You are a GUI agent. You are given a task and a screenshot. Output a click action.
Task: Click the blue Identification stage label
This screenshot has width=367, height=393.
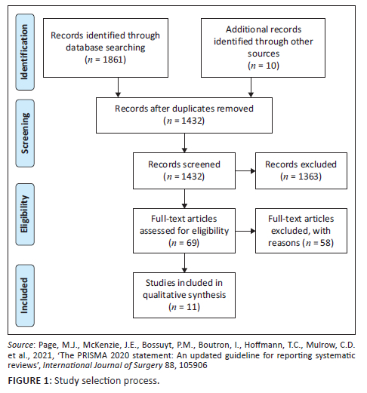point(25,52)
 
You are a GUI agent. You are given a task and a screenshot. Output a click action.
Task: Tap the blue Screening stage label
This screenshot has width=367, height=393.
point(25,134)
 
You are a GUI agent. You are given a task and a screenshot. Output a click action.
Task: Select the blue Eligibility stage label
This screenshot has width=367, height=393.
point(25,214)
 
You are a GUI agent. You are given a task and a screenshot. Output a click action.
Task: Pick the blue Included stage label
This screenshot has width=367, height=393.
point(25,296)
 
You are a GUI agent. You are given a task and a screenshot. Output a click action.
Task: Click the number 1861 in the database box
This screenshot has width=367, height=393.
point(114,60)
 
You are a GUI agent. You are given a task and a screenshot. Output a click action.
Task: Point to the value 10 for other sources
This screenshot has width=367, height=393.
point(271,66)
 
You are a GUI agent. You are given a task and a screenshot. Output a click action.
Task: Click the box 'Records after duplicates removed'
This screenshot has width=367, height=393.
point(184,115)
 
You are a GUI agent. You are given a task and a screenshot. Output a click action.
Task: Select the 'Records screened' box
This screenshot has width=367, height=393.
point(184,170)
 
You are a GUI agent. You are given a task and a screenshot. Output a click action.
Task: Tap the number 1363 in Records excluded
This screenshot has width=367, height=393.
point(309,177)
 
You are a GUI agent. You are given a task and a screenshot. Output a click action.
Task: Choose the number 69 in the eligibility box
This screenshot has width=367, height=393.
point(191,243)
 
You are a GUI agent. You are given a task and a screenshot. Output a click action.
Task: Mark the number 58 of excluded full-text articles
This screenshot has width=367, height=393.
point(325,243)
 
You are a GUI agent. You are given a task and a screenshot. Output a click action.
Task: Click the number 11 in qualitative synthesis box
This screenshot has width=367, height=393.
point(192,307)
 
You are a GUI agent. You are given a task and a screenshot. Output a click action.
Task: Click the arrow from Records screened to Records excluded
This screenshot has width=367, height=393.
point(245,171)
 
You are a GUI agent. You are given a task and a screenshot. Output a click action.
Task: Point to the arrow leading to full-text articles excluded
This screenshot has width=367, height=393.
point(245,231)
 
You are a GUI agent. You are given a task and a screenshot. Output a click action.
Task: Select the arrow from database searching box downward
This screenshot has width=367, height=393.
point(118,88)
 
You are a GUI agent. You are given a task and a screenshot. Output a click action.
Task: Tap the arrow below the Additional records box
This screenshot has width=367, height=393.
point(251,88)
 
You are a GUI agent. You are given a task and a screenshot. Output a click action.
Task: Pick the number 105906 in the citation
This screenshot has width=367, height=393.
point(193,365)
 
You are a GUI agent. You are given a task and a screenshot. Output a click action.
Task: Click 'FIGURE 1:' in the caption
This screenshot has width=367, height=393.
point(29,381)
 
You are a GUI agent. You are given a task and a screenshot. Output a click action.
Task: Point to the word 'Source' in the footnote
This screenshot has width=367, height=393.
point(20,345)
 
